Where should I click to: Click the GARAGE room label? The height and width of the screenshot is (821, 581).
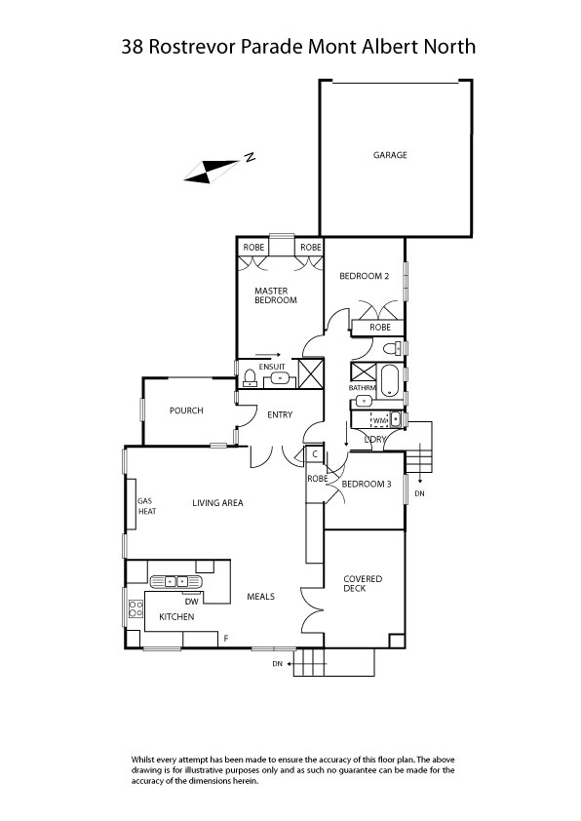coord(390,155)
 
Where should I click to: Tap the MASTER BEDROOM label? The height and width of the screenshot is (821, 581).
coord(276,295)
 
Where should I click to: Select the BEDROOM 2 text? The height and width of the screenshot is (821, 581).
coord(365,276)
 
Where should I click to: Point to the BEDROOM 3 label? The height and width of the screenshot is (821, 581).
coord(367,484)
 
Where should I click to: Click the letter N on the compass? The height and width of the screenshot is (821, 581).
coord(250,158)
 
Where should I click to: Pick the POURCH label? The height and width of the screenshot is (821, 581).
coord(186,410)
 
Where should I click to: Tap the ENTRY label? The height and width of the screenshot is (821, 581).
coord(280,415)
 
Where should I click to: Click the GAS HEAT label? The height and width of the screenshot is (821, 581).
coord(146,506)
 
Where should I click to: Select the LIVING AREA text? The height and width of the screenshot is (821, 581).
coord(217,503)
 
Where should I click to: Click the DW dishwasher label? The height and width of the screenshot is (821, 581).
coord(191,602)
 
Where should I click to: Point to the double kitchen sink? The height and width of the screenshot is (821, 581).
coord(181,582)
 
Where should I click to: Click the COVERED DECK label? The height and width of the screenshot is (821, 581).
coord(362,583)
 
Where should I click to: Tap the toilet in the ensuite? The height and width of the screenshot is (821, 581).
coord(249,378)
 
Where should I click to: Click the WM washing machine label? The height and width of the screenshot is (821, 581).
coord(379,421)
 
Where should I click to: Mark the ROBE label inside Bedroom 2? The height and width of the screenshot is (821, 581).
coord(380,328)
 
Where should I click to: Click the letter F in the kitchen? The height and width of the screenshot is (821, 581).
coord(226,638)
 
